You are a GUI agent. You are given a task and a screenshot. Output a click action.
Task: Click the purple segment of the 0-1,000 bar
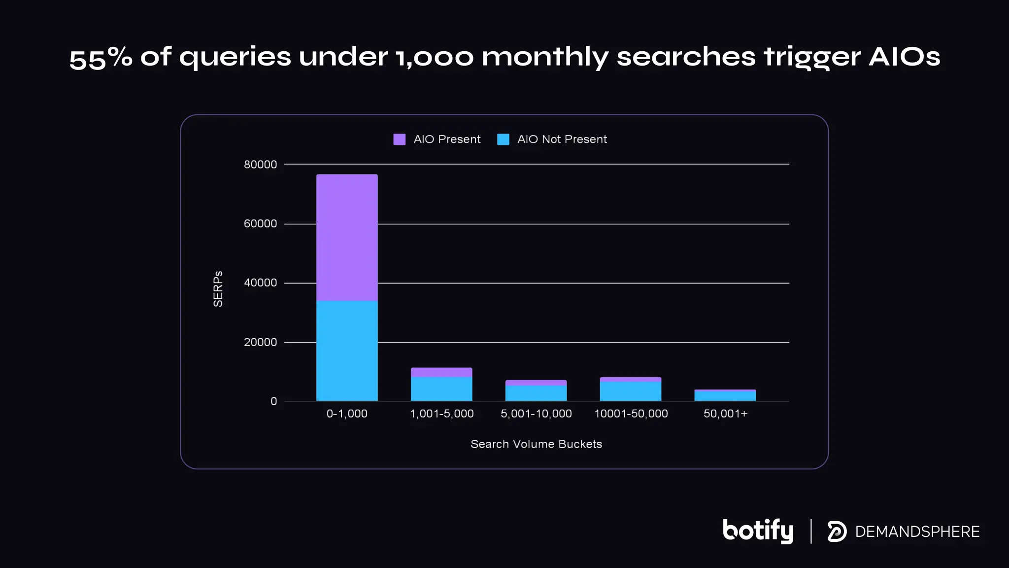[347, 237]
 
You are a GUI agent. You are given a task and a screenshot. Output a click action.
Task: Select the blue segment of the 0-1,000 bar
[347, 351]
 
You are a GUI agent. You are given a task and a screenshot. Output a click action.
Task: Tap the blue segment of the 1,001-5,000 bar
[441, 389]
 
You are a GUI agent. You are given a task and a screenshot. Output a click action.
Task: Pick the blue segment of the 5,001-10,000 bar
[536, 393]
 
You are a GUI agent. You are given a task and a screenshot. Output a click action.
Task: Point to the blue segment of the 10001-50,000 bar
[631, 391]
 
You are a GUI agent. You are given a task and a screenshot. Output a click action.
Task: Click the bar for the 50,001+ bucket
[725, 395]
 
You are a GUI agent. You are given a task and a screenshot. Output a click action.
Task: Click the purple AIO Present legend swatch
[400, 140]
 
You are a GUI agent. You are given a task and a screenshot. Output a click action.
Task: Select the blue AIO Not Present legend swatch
[503, 140]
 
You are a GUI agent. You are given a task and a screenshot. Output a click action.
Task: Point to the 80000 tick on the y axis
[260, 165]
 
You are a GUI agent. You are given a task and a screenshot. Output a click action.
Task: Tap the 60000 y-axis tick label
[260, 224]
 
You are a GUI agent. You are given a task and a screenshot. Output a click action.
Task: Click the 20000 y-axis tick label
[260, 342]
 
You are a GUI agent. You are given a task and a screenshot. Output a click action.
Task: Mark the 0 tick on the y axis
[274, 401]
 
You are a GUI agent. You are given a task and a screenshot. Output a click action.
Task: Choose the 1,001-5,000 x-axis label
[441, 414]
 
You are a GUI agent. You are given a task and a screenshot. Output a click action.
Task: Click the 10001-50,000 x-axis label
[631, 414]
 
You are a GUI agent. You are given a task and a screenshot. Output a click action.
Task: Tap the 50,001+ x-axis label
[725, 414]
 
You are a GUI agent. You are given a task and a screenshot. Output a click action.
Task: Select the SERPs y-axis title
[218, 289]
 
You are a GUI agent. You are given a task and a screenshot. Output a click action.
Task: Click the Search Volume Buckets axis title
[536, 444]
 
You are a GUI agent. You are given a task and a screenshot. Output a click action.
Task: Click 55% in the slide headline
[101, 58]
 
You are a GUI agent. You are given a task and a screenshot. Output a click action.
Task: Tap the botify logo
[758, 531]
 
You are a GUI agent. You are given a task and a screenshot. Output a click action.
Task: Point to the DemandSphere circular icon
[837, 532]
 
